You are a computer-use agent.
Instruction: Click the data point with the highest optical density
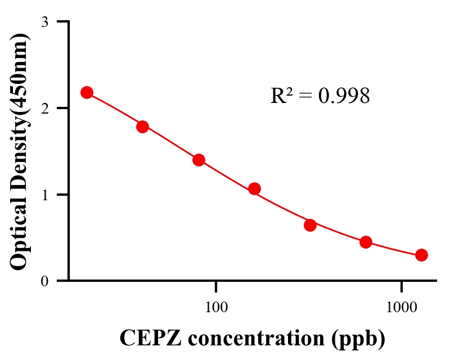click(x=87, y=92)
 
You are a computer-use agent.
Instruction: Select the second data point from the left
click(x=142, y=127)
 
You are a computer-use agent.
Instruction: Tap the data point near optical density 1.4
click(x=199, y=160)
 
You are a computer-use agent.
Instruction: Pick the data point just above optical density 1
click(x=254, y=188)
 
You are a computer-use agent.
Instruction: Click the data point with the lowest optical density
click(x=421, y=255)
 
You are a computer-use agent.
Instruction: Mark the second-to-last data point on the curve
click(x=366, y=242)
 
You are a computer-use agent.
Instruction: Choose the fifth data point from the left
click(x=310, y=225)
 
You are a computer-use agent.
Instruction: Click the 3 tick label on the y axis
click(x=44, y=22)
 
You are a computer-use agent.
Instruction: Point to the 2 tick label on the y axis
click(x=44, y=109)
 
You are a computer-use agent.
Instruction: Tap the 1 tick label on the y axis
click(x=44, y=195)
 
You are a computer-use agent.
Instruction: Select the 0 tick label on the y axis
click(x=44, y=281)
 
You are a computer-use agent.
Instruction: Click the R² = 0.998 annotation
click(x=320, y=96)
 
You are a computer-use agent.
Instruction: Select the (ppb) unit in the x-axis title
click(x=358, y=338)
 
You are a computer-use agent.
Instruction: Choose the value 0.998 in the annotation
click(x=344, y=96)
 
